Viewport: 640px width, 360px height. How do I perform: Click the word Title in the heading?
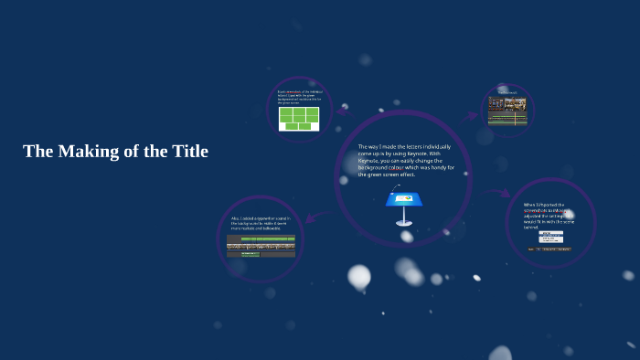tap(190, 152)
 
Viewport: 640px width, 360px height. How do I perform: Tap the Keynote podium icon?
tap(402, 206)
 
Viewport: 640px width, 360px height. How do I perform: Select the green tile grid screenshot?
tap(299, 119)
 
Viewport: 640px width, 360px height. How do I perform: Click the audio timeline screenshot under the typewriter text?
tap(261, 246)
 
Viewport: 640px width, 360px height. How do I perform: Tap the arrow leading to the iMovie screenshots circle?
tap(500, 193)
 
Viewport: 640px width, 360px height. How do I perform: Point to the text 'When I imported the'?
tap(545, 206)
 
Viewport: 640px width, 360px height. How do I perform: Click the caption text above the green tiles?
tap(298, 97)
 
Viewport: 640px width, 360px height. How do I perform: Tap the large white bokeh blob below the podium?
tap(359, 277)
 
